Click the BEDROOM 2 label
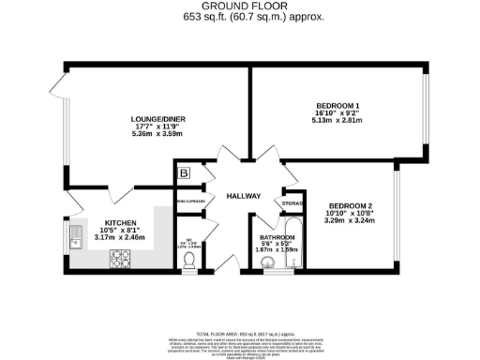coord(351,205)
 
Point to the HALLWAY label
coord(243,196)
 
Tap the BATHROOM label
coord(277,238)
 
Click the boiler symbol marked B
coord(185,173)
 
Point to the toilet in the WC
coord(189,260)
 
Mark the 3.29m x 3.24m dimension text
coord(351,223)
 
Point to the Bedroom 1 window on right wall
coord(427,112)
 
